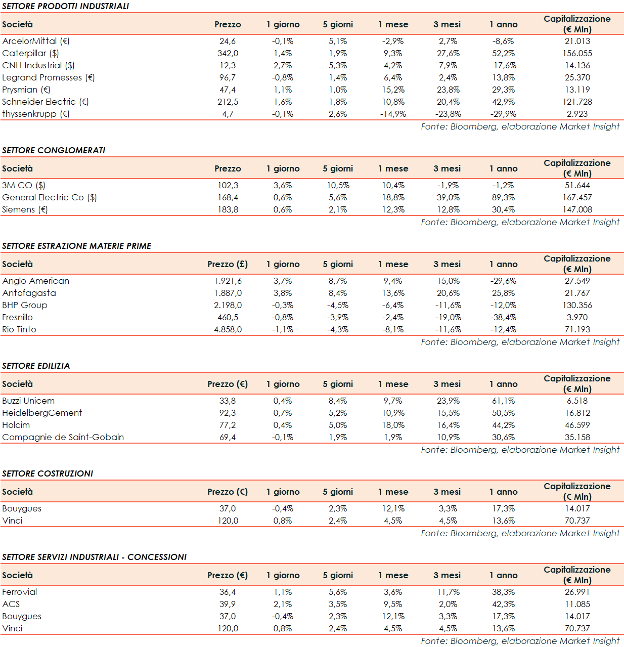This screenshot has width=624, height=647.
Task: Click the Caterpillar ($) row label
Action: tap(30, 53)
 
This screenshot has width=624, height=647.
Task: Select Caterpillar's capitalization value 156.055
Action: tap(577, 53)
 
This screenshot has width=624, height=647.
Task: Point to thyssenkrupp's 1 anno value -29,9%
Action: tap(503, 114)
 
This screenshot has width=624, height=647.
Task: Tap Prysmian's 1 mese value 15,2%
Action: tap(393, 90)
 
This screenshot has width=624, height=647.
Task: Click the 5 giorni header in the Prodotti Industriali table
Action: tap(338, 24)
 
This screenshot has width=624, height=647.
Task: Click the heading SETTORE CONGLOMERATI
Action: tap(54, 150)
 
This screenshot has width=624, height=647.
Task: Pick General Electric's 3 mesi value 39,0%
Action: tap(448, 197)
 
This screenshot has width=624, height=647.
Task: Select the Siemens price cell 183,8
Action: tap(228, 209)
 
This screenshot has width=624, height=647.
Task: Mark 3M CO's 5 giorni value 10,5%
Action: tap(338, 185)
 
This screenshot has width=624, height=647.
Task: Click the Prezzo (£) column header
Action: tap(228, 264)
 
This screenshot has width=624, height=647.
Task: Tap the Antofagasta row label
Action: tap(29, 293)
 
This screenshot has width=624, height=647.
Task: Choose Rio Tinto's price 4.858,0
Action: tap(228, 329)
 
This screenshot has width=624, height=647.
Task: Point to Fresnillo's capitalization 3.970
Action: tap(577, 317)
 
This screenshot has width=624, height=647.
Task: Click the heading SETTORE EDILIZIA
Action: tap(36, 366)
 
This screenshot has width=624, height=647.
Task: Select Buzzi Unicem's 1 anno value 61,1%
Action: tap(503, 401)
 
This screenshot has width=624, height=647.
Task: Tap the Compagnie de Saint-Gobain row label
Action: tap(63, 437)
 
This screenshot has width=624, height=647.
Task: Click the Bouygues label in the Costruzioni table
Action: tap(22, 508)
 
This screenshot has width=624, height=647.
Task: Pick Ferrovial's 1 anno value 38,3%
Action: tap(503, 592)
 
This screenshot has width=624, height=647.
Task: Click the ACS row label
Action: tap(11, 604)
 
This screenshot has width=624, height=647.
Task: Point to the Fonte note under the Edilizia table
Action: tap(520, 450)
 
